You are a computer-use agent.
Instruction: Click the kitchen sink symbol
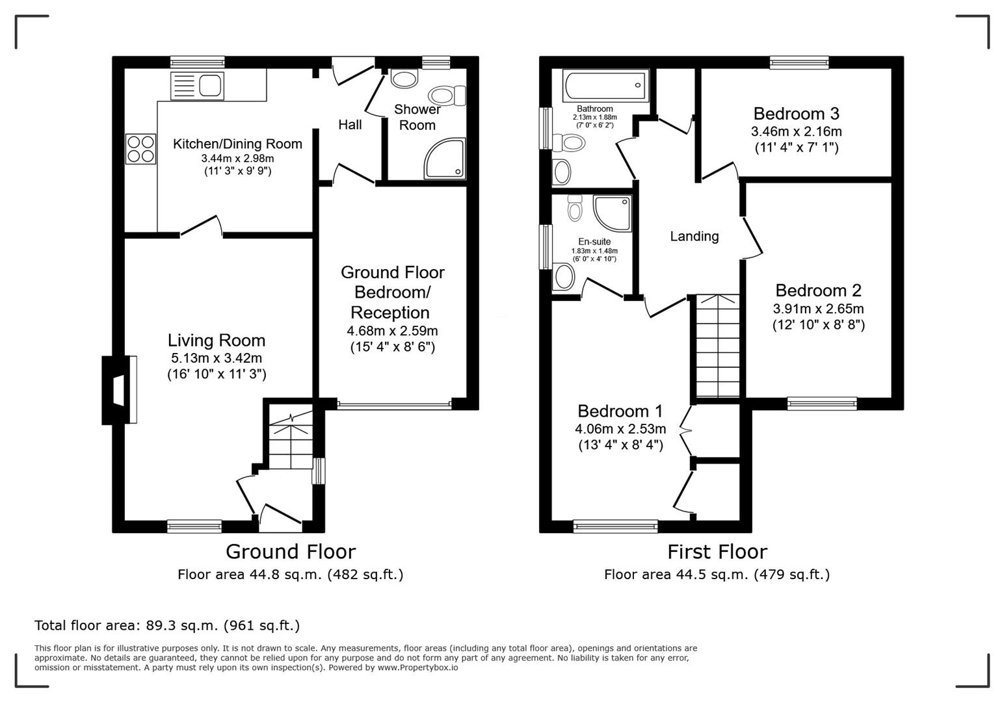click(197, 86)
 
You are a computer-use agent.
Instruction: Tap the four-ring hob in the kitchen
click(140, 149)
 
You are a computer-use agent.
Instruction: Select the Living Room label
click(217, 341)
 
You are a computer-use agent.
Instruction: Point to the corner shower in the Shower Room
click(445, 158)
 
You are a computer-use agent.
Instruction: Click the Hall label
click(350, 124)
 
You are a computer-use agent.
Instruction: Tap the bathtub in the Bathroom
click(605, 85)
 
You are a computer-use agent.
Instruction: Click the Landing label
click(694, 237)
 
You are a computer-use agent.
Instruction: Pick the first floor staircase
click(718, 346)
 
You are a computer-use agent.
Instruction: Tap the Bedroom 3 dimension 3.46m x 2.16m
click(796, 131)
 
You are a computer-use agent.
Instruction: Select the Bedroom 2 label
click(818, 291)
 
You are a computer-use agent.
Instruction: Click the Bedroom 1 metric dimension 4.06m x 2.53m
click(620, 429)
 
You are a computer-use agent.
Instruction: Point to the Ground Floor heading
click(290, 552)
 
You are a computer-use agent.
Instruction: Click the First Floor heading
click(717, 552)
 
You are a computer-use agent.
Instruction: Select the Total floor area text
click(167, 626)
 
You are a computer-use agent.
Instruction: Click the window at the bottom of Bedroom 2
click(822, 404)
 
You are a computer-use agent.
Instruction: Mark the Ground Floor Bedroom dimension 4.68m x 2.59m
click(392, 331)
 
